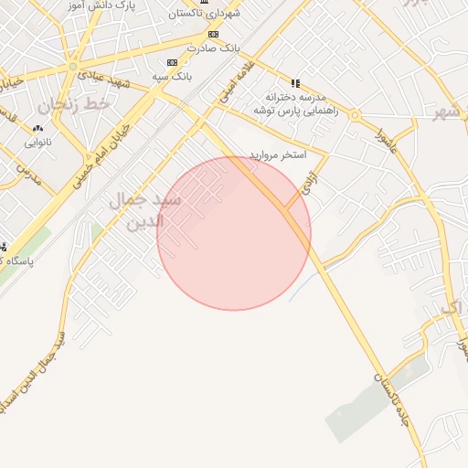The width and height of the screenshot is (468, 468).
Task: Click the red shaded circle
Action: (234, 233)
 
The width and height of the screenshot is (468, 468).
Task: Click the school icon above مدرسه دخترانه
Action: (295, 83)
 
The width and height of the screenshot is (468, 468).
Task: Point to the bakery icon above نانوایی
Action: (37, 129)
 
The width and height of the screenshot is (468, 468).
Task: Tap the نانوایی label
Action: (37, 143)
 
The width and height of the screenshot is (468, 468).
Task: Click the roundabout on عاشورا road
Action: (354, 115)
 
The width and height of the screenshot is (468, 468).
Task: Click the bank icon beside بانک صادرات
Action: (213, 34)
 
